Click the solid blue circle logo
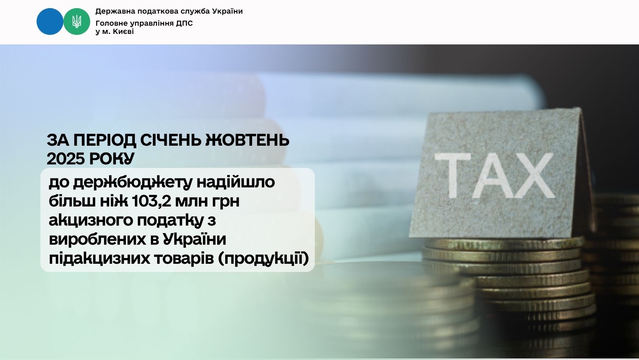click(50, 21)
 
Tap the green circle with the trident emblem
click(76, 21)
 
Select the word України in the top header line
click(228, 11)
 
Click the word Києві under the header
click(124, 32)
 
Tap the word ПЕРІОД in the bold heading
click(105, 140)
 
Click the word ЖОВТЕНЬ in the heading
click(247, 140)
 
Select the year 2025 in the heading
click(66, 159)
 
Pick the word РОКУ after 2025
click(111, 159)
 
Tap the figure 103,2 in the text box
click(151, 201)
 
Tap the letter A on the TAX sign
click(494, 175)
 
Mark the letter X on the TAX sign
click(534, 175)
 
